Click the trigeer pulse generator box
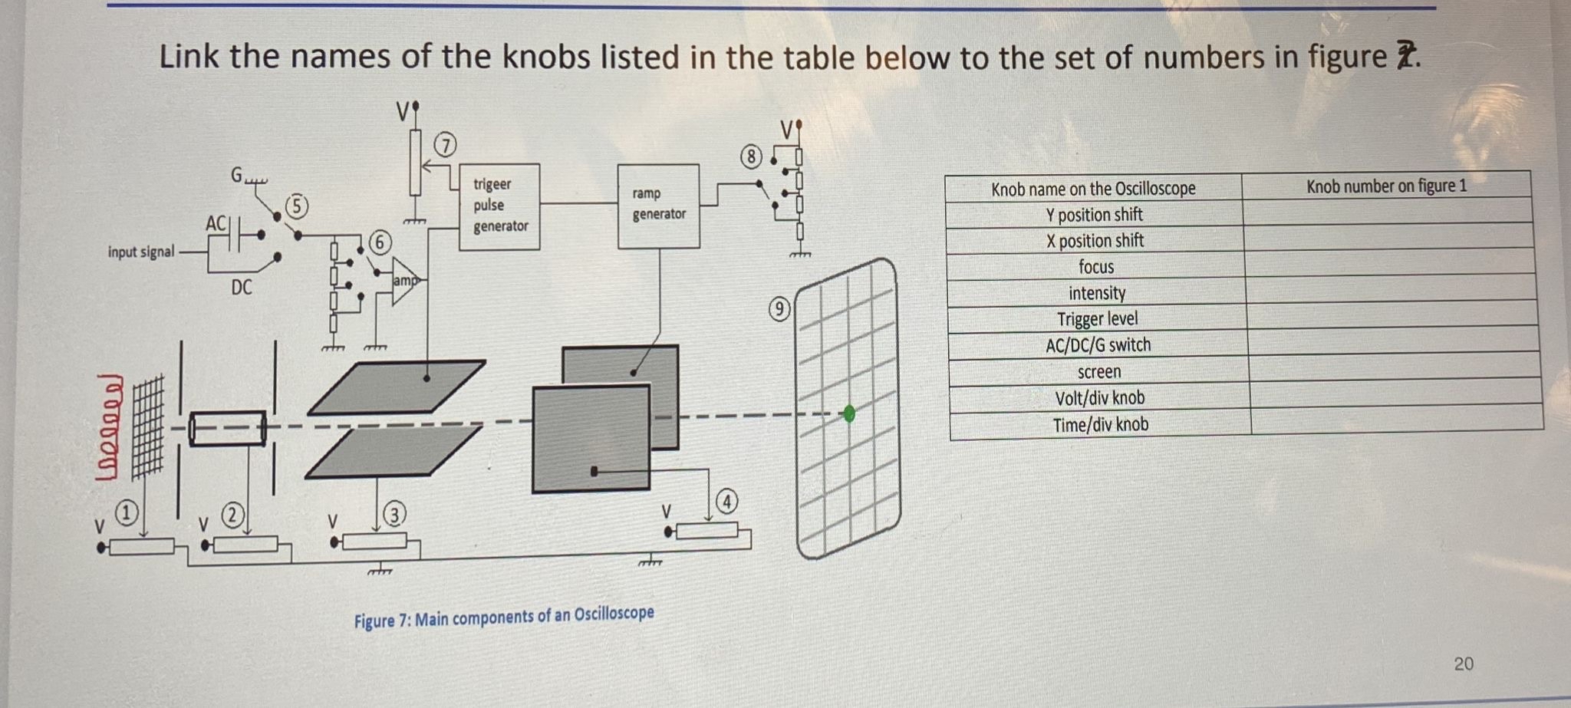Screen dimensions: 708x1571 (x=499, y=206)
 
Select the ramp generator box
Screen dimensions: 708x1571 (x=658, y=206)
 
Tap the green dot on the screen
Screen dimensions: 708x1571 (x=848, y=413)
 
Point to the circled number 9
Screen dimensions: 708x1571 (x=779, y=309)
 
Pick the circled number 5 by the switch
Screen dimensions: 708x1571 (x=297, y=206)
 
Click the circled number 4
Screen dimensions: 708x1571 (x=726, y=502)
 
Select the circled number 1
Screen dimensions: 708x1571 (x=127, y=511)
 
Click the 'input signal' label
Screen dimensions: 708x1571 (x=141, y=252)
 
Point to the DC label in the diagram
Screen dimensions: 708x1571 (x=241, y=288)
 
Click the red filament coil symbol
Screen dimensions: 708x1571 (x=109, y=426)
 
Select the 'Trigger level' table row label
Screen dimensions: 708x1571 (x=1097, y=319)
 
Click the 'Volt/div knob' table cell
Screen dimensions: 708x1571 (x=1099, y=398)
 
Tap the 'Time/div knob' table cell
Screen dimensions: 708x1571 (x=1100, y=424)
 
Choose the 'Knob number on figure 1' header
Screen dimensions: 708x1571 (x=1385, y=186)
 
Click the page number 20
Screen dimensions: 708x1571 (x=1463, y=664)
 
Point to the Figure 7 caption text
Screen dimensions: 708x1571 (x=504, y=617)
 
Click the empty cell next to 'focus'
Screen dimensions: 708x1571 (x=1390, y=265)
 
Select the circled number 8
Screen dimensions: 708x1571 (x=751, y=157)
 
